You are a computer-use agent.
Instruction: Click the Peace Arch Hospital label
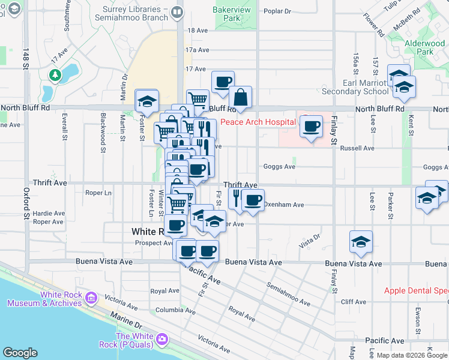(x=258, y=122)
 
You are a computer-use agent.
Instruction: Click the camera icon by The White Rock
(x=161, y=340)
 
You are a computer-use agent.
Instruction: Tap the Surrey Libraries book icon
(x=176, y=12)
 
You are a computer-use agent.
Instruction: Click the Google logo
(x=20, y=353)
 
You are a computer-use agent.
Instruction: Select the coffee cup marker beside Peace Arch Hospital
(x=311, y=127)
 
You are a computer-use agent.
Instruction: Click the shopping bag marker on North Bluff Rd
(x=240, y=97)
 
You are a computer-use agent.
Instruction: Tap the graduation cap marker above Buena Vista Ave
(x=361, y=241)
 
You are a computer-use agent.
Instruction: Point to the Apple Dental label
(x=416, y=291)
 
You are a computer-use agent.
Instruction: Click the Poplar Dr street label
(x=277, y=11)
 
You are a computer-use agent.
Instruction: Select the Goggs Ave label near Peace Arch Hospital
(x=279, y=167)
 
